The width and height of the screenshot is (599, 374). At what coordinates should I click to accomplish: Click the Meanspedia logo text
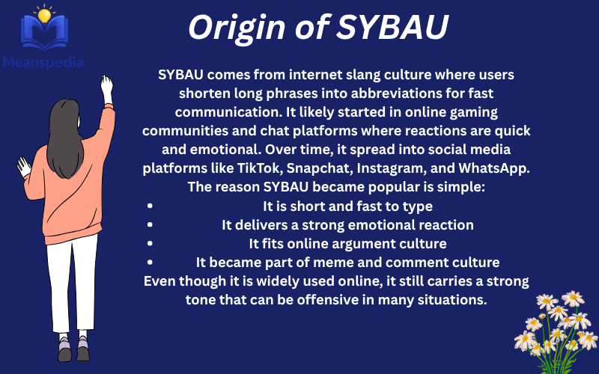[43, 63]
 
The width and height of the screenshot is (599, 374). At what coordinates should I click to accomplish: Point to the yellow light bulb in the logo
[44, 15]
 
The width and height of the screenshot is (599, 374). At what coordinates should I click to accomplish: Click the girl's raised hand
[107, 86]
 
